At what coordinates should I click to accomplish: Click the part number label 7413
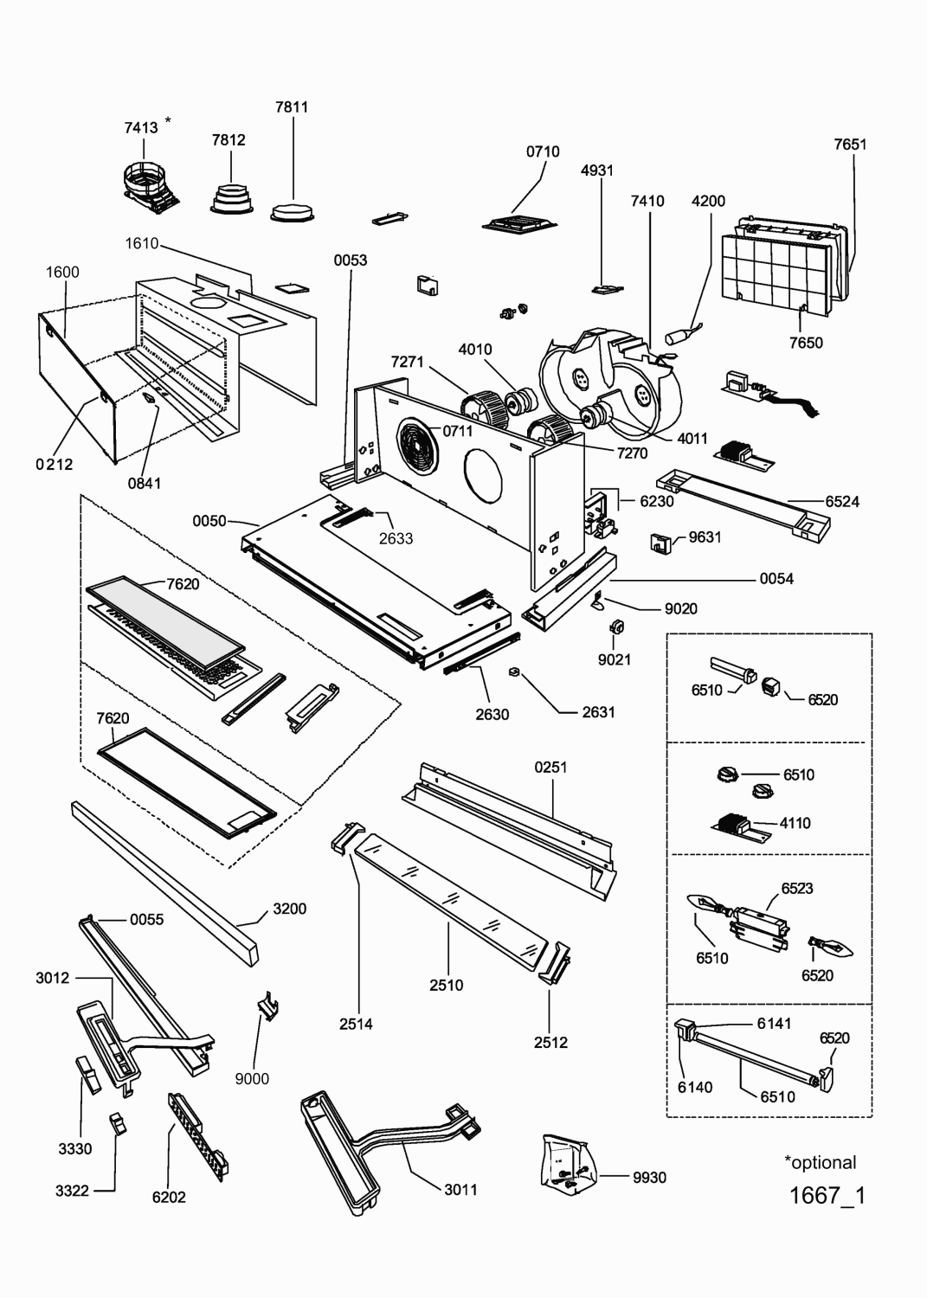[140, 128]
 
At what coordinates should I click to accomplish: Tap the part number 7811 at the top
[292, 107]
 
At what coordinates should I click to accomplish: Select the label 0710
[543, 151]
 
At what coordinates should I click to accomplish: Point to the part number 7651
[850, 145]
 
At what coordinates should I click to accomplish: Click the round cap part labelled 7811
[293, 211]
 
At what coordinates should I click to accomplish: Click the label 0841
[145, 483]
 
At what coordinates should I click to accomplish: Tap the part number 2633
[396, 538]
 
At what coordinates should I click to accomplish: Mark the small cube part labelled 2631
[513, 671]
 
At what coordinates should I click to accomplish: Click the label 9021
[615, 659]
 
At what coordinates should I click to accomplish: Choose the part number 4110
[795, 823]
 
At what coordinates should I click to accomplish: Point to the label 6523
[796, 888]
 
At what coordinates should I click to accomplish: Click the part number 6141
[774, 1024]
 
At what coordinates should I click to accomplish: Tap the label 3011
[460, 1189]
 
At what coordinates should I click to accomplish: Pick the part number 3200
[289, 909]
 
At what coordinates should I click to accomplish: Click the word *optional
[820, 1162]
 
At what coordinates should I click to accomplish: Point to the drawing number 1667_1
[827, 1195]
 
